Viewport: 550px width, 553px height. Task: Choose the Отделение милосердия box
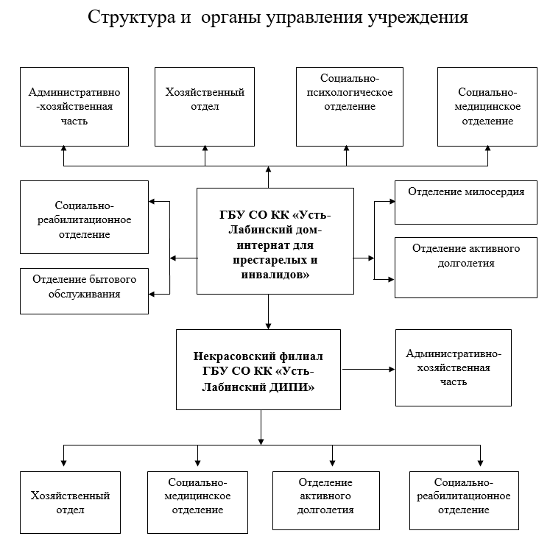click(x=466, y=202)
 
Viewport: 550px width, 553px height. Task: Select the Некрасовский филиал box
click(x=258, y=370)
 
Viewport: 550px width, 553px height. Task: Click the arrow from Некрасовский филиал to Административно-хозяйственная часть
click(x=368, y=368)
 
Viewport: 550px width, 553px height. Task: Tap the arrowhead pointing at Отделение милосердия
click(x=391, y=200)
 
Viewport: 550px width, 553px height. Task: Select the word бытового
click(x=110, y=280)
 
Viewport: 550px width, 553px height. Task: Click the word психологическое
click(x=346, y=93)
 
